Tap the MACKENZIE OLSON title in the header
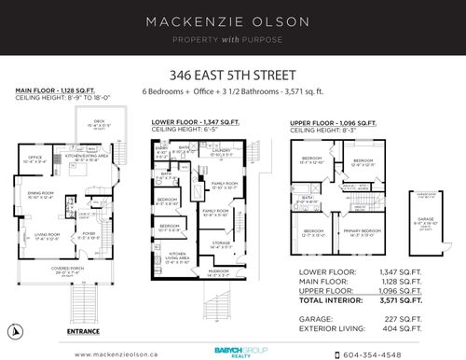click(232, 21)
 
